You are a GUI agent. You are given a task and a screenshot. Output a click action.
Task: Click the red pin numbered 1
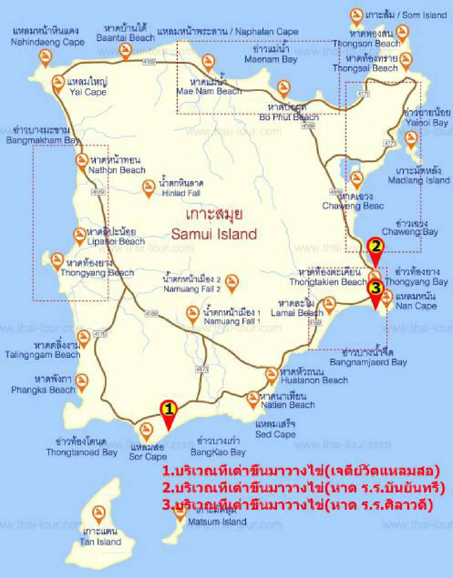[x=169, y=411]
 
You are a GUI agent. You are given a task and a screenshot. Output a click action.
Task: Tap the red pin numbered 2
[x=375, y=249]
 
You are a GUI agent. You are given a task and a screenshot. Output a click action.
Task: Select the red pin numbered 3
[x=375, y=290]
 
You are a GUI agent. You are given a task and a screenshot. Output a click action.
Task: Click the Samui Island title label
[x=214, y=234]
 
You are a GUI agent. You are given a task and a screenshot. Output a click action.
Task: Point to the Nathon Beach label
[x=117, y=170]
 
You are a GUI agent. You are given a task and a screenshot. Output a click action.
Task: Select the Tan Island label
[x=100, y=541]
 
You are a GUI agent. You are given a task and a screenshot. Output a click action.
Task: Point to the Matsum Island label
[x=217, y=522]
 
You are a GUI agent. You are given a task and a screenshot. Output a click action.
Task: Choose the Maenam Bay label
[x=271, y=59]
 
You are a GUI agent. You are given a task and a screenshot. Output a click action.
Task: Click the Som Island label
[x=424, y=15]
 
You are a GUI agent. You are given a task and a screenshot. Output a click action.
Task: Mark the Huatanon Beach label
[x=314, y=380]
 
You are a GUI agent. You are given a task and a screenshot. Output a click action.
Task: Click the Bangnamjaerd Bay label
[x=368, y=362]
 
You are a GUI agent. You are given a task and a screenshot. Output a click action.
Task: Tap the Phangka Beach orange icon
[x=82, y=381]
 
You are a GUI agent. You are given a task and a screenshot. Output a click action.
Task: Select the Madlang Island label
[x=419, y=180]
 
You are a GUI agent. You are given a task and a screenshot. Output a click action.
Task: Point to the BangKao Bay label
[x=218, y=452]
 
